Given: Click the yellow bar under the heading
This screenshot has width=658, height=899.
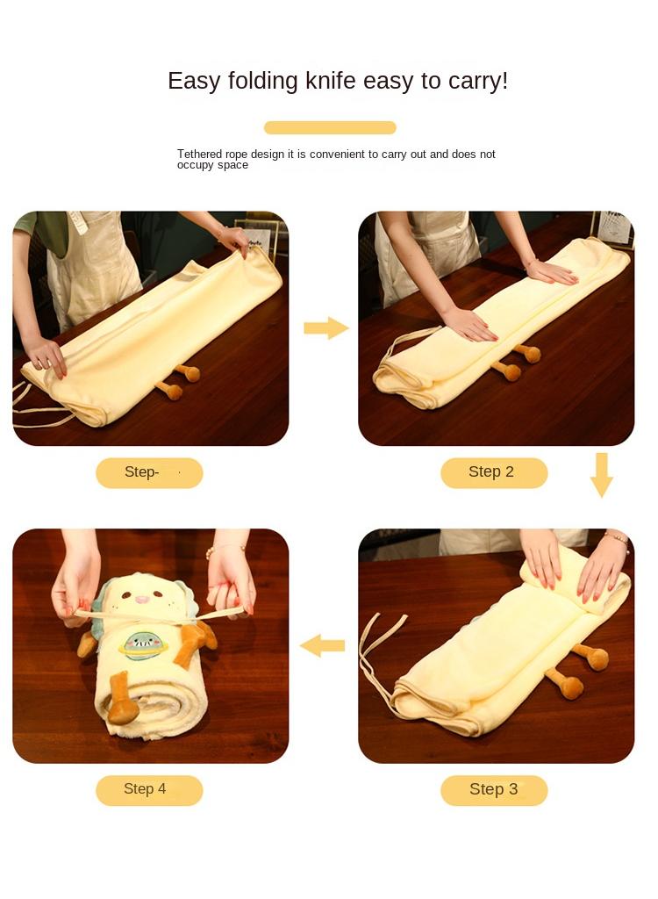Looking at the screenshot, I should point(330,127).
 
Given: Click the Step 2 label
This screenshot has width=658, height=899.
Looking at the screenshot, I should point(493,472).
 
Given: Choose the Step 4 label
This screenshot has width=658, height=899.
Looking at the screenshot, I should point(147,789).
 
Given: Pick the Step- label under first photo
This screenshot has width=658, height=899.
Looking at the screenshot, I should point(147,472).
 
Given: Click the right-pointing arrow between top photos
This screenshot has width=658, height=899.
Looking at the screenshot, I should point(326,328).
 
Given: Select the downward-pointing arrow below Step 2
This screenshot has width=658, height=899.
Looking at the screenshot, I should point(601,475).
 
